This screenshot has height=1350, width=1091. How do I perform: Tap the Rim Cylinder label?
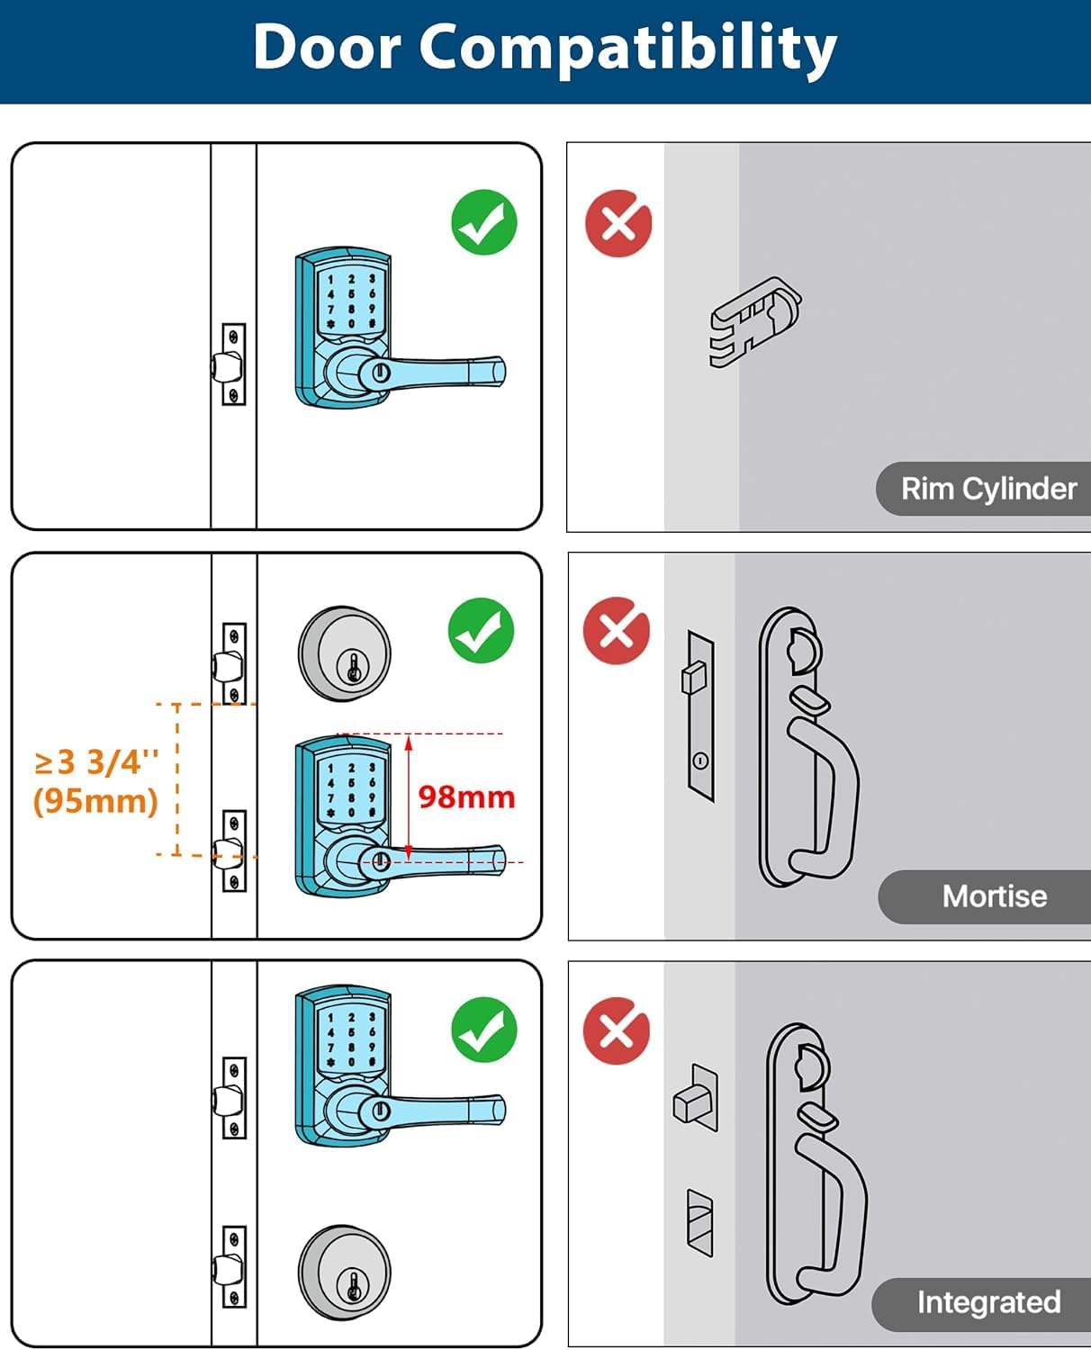point(987,489)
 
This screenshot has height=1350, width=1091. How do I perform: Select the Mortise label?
point(994,896)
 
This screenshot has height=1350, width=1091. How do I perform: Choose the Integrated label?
point(987,1302)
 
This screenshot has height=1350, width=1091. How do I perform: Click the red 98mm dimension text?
point(466,797)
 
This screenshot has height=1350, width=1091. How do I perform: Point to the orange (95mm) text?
point(95,800)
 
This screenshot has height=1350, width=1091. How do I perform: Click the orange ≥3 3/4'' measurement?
point(96,762)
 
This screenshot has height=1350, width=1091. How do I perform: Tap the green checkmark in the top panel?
point(484,222)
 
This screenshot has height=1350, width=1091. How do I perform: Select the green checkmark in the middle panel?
point(482,631)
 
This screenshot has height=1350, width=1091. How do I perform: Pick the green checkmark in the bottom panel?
point(484,1030)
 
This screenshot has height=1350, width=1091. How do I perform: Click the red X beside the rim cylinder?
point(618,223)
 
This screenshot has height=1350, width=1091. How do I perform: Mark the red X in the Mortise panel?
point(617,630)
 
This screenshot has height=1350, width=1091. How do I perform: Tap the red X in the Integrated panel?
point(617,1030)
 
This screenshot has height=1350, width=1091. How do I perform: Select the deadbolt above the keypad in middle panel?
point(345,654)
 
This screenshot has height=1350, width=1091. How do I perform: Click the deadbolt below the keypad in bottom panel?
point(345,1272)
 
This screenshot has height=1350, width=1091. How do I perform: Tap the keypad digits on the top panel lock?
point(351,301)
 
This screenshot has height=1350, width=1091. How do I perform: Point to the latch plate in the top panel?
point(233,364)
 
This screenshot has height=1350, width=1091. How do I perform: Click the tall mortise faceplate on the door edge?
point(699,716)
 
